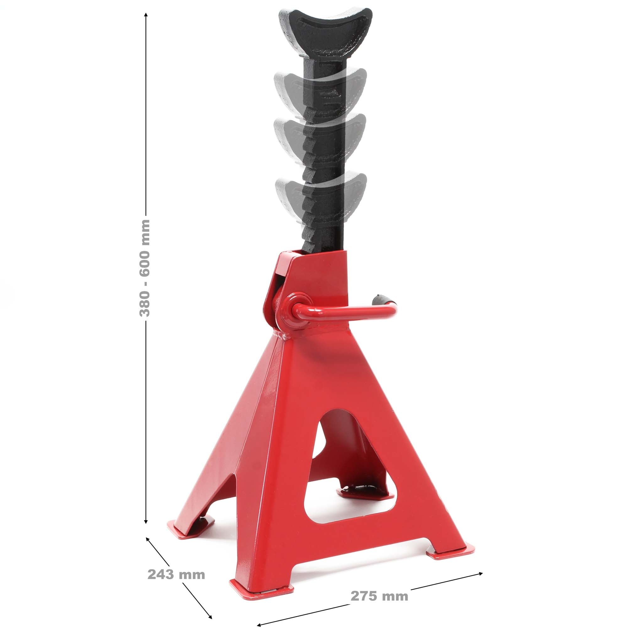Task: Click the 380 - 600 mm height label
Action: tap(145, 268)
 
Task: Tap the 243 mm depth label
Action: tap(176, 575)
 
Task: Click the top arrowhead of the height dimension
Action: tap(145, 15)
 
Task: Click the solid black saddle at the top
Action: tap(326, 32)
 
